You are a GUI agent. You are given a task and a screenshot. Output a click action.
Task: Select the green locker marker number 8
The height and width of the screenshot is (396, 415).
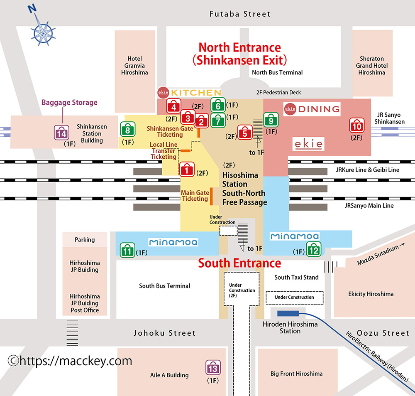click(127, 129)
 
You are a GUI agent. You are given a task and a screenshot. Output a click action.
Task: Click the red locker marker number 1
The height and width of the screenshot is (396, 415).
click(187, 169)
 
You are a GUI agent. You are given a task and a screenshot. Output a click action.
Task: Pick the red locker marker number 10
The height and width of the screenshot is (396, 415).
click(357, 125)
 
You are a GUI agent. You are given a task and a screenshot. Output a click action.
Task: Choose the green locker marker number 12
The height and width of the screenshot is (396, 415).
click(314, 249)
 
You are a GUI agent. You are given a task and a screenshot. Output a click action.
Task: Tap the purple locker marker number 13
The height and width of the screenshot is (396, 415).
click(213, 367)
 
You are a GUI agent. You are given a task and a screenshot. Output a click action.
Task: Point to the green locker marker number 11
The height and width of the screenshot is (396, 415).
click(127, 250)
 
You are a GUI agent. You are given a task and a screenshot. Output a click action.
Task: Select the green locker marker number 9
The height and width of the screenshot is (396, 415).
click(271, 120)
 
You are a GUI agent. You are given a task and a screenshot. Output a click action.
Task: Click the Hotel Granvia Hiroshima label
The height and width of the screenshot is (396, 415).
click(134, 66)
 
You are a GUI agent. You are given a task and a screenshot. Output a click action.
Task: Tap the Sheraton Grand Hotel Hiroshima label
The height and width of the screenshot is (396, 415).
click(371, 66)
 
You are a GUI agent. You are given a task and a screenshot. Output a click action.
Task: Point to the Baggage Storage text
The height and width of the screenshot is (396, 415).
click(69, 103)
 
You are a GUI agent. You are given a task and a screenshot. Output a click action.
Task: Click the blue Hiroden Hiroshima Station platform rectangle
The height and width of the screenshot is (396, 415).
click(288, 314)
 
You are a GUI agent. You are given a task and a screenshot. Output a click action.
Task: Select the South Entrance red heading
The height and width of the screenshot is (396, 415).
click(239, 263)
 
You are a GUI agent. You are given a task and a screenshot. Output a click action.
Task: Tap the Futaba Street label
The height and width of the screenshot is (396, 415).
click(240, 14)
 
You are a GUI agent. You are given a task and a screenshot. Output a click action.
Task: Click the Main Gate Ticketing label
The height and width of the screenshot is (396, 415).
click(195, 196)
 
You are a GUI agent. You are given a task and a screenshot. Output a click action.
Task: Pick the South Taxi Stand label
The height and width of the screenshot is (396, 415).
click(296, 277)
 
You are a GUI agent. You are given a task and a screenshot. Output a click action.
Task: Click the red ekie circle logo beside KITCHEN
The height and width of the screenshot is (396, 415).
click(163, 93)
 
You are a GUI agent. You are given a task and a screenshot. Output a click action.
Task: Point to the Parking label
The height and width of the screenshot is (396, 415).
click(85, 240)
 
